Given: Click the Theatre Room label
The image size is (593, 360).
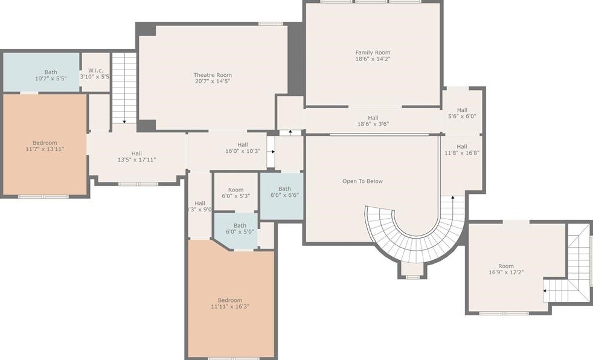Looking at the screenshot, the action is (x=213, y=75).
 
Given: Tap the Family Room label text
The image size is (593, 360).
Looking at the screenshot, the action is (x=373, y=53).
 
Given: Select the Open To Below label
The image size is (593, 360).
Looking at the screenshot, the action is (x=362, y=181).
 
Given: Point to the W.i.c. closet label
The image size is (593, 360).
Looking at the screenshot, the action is (x=95, y=70).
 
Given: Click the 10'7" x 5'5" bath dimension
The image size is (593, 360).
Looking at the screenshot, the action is (x=51, y=79).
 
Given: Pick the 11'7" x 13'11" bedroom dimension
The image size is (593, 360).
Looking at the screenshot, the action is (x=45, y=149).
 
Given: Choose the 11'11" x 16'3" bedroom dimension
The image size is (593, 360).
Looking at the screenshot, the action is (x=230, y=306).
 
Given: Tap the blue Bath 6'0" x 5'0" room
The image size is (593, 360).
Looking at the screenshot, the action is (x=236, y=231).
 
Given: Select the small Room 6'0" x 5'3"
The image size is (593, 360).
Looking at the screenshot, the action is (x=236, y=191).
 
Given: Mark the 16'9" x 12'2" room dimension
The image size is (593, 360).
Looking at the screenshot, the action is (x=506, y=272).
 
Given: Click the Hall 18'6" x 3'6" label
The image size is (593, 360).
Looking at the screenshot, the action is (x=373, y=121).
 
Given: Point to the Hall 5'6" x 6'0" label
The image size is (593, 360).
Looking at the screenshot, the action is (x=462, y=113).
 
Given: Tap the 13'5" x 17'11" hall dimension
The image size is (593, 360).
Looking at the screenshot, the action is (x=136, y=159).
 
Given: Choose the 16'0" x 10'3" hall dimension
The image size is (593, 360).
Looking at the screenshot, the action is (x=242, y=151).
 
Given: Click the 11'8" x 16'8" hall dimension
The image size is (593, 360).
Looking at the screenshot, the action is (x=462, y=153).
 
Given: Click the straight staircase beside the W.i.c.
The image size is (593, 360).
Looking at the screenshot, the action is (x=124, y=88).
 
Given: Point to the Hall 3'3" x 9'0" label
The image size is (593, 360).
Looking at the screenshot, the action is (x=200, y=206).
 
